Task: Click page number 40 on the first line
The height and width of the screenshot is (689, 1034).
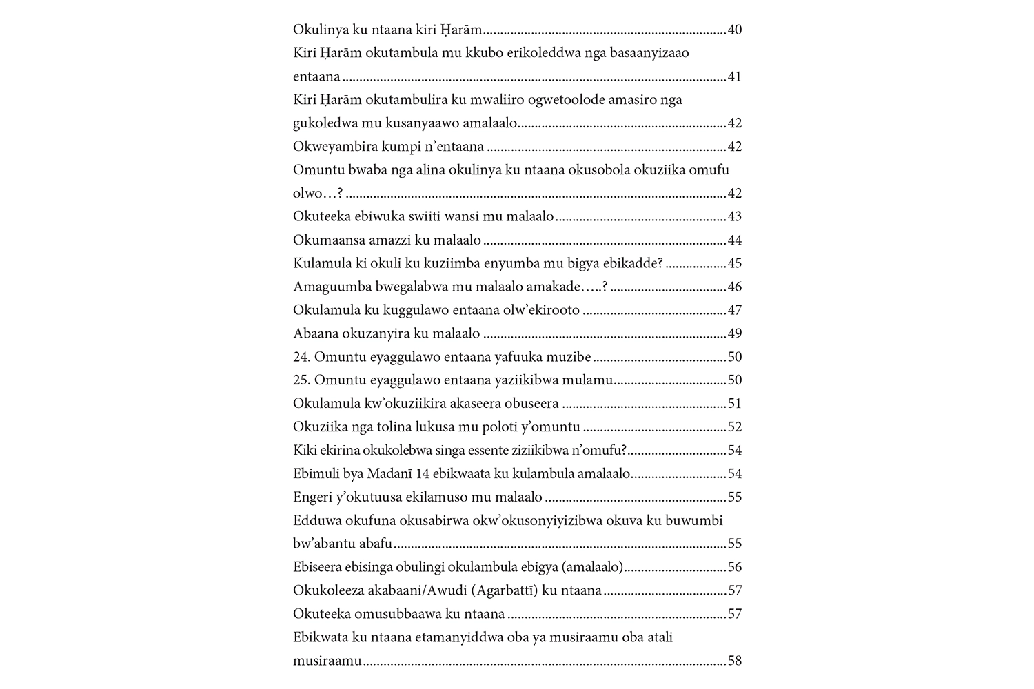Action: tap(734, 30)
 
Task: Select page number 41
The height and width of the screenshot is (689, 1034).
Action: tap(734, 76)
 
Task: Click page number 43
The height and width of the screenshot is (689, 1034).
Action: tap(734, 216)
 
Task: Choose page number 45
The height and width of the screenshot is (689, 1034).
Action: tap(734, 263)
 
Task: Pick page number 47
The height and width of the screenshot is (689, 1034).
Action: tap(734, 310)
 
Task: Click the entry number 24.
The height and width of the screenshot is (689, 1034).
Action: tap(302, 357)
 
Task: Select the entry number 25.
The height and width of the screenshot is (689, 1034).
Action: tap(302, 380)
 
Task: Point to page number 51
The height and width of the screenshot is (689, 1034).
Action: tap(734, 403)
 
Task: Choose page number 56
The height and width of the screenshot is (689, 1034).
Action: tap(734, 567)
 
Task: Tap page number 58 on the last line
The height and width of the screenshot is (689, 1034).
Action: tap(734, 661)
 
